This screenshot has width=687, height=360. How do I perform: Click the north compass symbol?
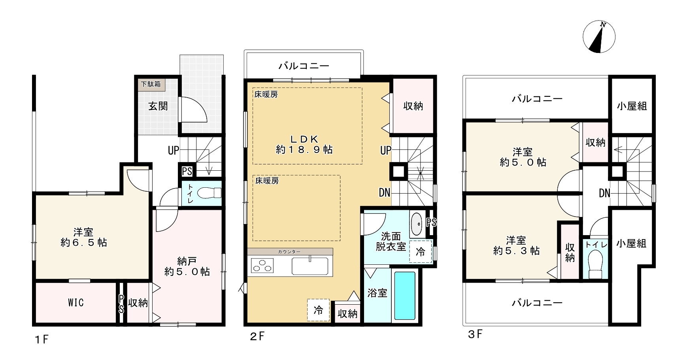[599, 37]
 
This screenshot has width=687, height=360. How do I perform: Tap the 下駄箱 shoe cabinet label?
[151, 84]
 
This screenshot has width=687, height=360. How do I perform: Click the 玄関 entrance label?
[158, 106]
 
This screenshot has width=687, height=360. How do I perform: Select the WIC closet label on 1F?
[75, 303]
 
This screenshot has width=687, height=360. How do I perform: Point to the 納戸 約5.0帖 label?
[187, 266]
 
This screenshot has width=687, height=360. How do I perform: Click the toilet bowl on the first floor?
[209, 193]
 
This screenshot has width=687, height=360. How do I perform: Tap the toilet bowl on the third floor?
[595, 266]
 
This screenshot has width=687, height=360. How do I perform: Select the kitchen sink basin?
[310, 266]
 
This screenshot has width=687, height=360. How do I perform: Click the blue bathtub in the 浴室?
[405, 296]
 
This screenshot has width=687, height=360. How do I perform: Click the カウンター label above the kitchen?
[289, 252]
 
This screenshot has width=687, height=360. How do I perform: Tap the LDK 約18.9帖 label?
[304, 144]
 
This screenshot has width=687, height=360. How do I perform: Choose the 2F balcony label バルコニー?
[304, 66]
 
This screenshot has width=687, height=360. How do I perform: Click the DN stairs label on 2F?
[385, 192]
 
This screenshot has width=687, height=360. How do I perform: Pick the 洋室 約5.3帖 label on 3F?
[516, 245]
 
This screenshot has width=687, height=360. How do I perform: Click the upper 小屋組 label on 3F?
[632, 106]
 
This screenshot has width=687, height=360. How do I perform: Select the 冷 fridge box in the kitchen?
[318, 310]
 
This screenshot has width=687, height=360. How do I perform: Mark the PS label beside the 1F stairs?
[187, 172]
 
